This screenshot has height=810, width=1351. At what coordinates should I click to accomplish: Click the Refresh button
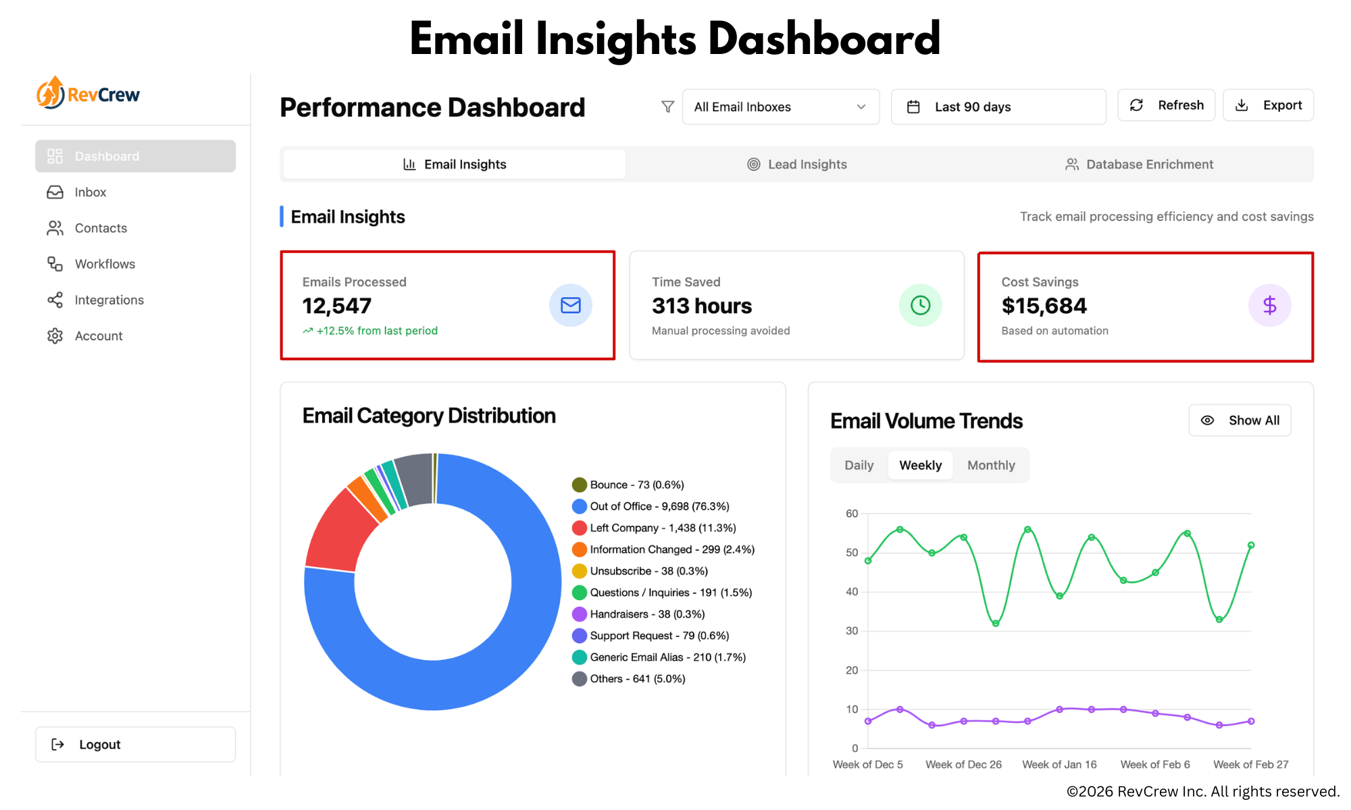point(1166,105)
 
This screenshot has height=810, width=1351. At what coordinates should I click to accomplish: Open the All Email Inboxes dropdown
point(780,107)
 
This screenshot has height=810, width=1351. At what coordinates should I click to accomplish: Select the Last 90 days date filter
point(998,107)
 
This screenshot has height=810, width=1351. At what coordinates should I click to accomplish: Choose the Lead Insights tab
point(797,165)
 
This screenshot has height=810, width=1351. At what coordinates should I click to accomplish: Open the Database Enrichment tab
point(1140,165)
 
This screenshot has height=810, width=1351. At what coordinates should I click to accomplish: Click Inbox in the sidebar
point(91,192)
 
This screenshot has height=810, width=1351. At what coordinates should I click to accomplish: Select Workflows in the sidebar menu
point(105,264)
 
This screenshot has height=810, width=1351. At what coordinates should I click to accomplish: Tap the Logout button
point(135,745)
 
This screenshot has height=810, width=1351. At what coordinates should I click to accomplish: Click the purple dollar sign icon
point(1269,306)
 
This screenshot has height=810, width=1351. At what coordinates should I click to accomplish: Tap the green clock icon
point(920,306)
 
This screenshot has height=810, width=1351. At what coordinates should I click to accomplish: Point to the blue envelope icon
point(570,306)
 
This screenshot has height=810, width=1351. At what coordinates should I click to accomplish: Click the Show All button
point(1240,421)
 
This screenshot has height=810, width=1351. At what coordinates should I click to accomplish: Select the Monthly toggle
point(991,465)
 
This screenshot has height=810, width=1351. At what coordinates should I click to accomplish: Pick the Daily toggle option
point(859,465)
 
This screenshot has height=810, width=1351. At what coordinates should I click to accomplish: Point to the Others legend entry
point(637,679)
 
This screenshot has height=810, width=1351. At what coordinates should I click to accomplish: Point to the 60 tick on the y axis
point(852,514)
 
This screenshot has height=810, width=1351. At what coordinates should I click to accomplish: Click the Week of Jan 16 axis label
point(1059,765)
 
